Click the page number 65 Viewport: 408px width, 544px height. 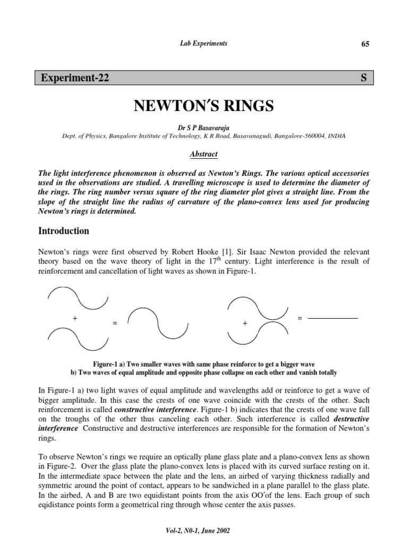(365, 44)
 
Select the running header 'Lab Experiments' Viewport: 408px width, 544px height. (203, 44)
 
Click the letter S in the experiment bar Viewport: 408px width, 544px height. (364, 78)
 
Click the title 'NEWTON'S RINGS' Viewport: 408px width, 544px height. (204, 106)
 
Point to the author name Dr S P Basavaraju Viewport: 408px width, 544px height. (204, 128)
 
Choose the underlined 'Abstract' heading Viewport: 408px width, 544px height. (204, 154)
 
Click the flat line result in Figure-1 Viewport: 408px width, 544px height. (333, 318)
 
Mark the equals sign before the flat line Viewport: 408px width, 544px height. (300, 318)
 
